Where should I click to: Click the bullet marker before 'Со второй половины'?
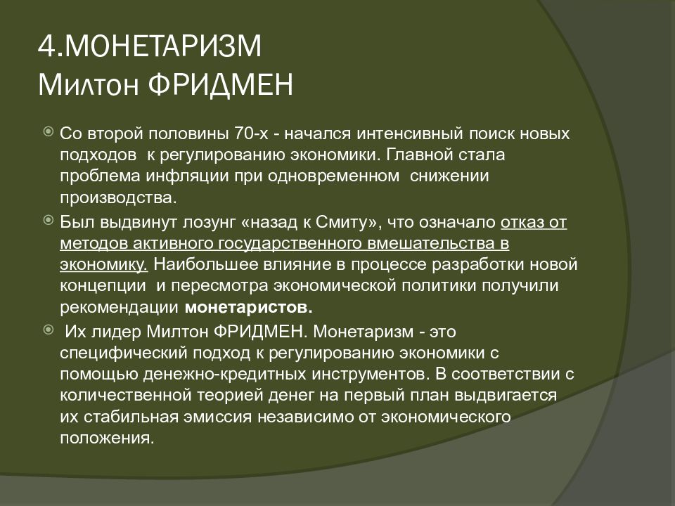tap(47, 131)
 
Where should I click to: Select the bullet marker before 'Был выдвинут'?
tap(47, 221)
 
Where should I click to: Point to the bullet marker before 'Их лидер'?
tap(47, 329)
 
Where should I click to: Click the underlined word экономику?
tap(103, 265)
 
